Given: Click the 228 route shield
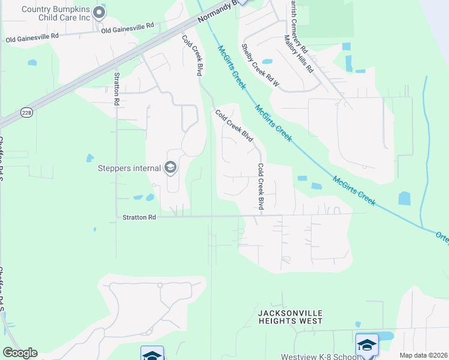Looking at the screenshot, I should (26, 112).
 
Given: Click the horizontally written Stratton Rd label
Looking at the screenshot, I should (139, 217).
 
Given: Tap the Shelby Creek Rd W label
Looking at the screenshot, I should (260, 65).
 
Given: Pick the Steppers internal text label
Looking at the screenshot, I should (128, 167).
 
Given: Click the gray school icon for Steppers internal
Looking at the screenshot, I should (170, 167).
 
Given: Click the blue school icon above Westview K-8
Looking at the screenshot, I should (367, 345).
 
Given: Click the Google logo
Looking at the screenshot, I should (20, 353).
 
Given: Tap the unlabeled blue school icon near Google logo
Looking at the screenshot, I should (152, 355).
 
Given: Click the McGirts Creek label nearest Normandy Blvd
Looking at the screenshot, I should (231, 67).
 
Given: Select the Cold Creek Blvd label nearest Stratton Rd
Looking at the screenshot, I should (261, 187).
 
